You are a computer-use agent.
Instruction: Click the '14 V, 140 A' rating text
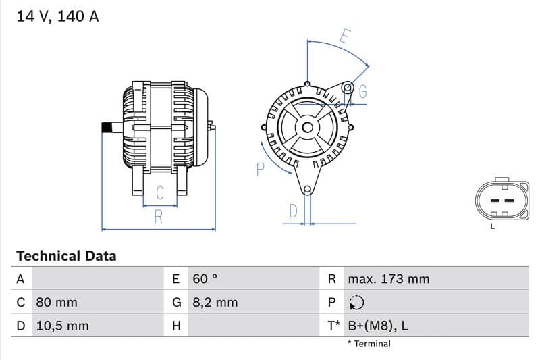tap(57, 17)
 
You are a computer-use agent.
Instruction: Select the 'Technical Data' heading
tap(66, 256)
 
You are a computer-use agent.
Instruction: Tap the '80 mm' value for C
tap(56, 302)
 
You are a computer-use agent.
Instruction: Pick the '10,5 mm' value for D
tap(61, 326)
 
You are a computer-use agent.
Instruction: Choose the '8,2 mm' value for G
tap(215, 302)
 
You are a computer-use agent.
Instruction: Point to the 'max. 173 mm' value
tap(388, 278)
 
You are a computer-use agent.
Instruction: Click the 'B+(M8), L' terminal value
tap(377, 326)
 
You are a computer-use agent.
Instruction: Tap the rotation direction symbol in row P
tap(356, 302)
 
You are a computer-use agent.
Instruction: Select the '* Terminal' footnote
tap(369, 344)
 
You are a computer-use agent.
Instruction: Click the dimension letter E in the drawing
tap(344, 36)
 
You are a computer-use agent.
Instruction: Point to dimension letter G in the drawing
tap(362, 93)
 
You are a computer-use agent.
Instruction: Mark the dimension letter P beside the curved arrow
tap(260, 169)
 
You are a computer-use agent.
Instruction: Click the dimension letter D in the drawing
tap(293, 211)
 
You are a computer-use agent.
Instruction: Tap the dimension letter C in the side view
tap(160, 192)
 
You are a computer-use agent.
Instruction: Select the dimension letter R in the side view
tap(158, 217)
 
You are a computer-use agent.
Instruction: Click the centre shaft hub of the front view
tap(307, 127)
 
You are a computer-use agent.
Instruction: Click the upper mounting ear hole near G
tap(348, 88)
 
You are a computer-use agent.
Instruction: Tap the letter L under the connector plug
tap(492, 226)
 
